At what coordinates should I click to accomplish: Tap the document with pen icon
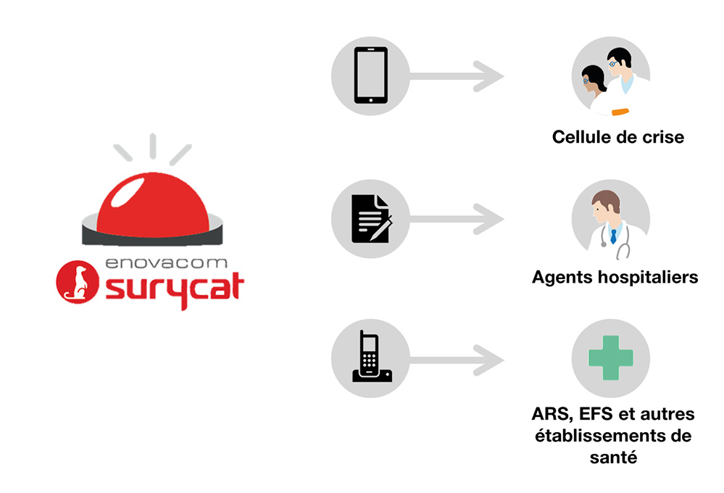click(x=370, y=218)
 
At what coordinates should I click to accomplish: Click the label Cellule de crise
click(x=617, y=137)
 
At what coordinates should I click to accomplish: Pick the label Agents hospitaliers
click(x=615, y=277)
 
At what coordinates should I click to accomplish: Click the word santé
click(x=612, y=457)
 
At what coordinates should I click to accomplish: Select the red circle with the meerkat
click(x=77, y=282)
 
